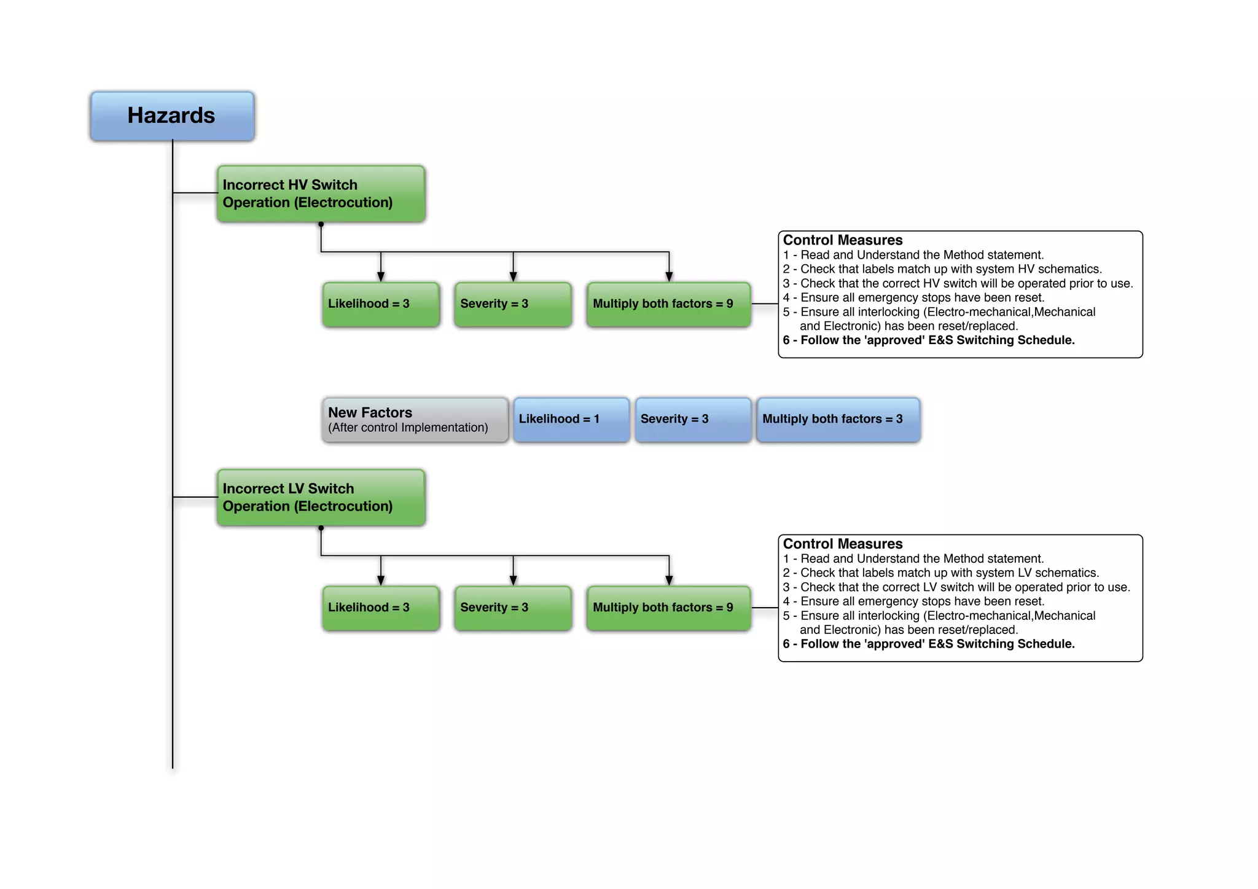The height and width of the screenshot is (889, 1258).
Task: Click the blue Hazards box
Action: tap(172, 116)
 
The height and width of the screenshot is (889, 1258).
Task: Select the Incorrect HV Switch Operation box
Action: tap(321, 194)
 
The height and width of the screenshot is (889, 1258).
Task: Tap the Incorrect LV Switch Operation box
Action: tap(321, 498)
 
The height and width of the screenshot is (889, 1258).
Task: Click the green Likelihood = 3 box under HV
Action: tap(381, 304)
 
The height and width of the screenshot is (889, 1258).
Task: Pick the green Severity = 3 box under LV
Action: tap(513, 608)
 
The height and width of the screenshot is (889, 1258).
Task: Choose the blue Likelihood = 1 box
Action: tap(571, 420)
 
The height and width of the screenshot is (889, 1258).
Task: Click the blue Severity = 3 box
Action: tap(693, 420)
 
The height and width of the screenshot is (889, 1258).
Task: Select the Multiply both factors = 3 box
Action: tap(838, 420)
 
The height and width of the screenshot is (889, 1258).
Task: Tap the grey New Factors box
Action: tap(415, 420)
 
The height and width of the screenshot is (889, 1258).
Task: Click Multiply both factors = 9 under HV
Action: tap(668, 304)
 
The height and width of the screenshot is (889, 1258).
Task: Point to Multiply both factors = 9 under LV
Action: tap(668, 608)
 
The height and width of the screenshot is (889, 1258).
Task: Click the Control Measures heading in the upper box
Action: tap(842, 240)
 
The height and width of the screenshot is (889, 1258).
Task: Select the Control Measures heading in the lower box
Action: tap(842, 544)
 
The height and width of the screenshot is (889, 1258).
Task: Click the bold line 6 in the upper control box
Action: tap(928, 340)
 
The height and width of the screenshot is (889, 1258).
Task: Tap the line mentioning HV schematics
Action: tap(942, 269)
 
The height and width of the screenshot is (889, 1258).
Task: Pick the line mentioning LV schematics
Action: tap(940, 573)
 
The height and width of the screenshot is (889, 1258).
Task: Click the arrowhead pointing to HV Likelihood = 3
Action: tap(381, 277)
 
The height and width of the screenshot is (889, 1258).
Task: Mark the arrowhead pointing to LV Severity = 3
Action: tap(513, 581)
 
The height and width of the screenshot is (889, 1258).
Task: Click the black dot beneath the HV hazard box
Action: tap(321, 224)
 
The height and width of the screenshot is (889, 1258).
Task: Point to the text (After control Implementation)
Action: tap(408, 428)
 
